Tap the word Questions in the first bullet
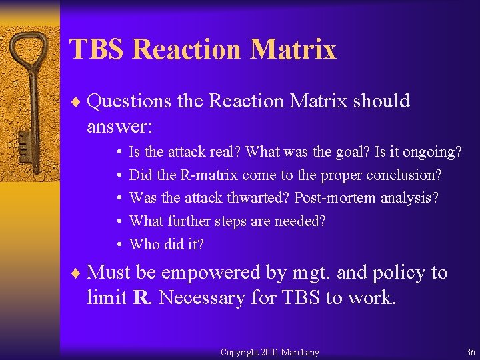click(x=129, y=101)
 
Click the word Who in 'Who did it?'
click(x=143, y=244)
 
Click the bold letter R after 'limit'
click(x=141, y=297)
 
